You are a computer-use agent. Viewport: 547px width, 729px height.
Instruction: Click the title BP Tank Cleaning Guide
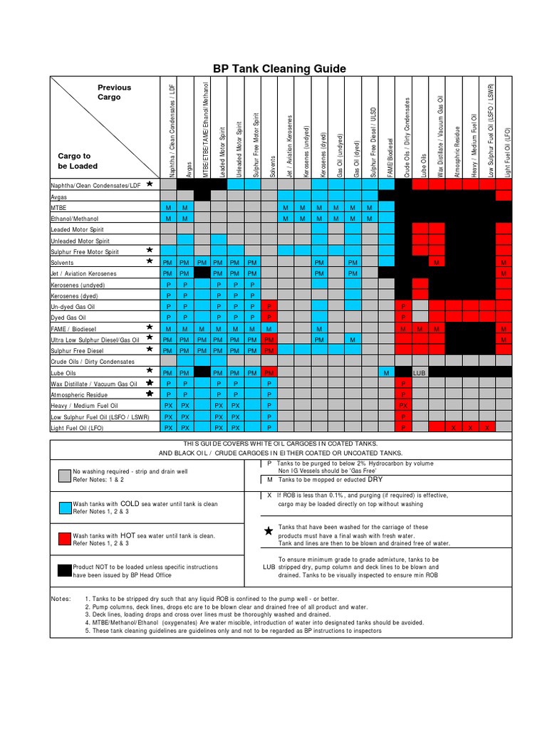point(279,68)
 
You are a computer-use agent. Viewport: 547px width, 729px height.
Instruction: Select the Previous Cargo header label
point(114,92)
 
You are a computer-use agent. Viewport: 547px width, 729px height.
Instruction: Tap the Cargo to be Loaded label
point(78,161)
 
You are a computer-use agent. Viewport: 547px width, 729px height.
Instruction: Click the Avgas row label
point(60,196)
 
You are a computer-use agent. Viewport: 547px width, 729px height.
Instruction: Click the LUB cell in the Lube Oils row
point(420,372)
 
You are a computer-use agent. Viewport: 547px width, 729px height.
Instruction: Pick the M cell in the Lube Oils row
point(385,372)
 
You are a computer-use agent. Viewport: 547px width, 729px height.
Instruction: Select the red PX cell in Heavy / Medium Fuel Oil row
point(403,405)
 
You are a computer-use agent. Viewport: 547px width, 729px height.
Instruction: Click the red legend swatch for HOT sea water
point(62,539)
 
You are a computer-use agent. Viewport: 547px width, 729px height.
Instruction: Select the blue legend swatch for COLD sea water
point(62,506)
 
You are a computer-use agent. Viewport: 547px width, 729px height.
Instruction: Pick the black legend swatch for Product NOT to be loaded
point(62,572)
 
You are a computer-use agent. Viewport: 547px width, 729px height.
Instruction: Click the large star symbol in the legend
point(268,531)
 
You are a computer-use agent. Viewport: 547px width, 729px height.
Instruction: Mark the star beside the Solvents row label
point(149,261)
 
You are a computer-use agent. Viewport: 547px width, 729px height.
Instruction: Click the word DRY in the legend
point(375,479)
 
